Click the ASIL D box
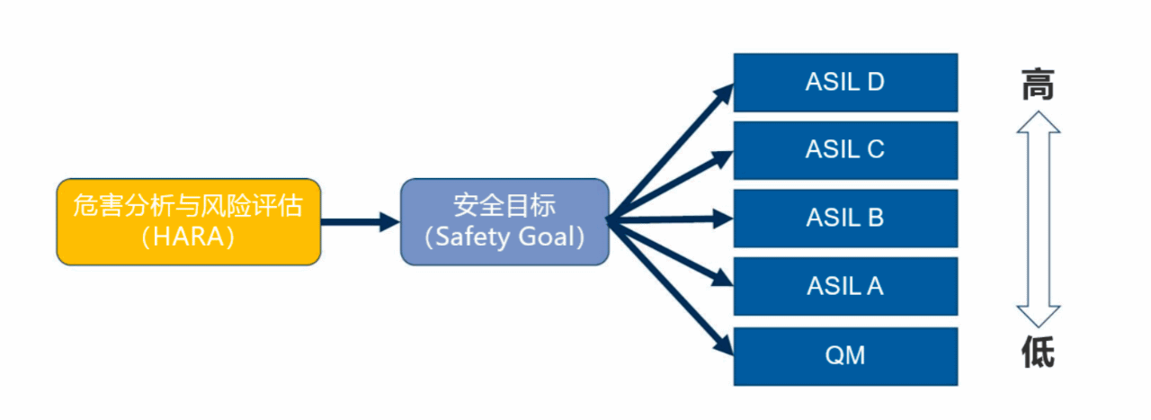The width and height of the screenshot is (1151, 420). [x=845, y=82]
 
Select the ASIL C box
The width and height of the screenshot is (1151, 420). [x=845, y=150]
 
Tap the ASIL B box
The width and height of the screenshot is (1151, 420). [x=845, y=219]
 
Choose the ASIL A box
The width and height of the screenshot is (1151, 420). [x=845, y=286]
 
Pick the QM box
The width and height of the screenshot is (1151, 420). [x=845, y=355]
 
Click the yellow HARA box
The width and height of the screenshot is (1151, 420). [x=188, y=221]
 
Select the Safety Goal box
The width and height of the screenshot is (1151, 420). [x=504, y=221]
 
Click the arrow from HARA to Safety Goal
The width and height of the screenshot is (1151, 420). [x=360, y=221]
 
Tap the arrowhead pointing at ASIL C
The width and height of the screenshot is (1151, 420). [x=725, y=158]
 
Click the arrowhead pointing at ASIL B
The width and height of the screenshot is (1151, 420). [x=725, y=218]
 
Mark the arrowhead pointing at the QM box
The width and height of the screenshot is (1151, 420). [x=725, y=345]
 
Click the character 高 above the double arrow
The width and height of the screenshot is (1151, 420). [x=1038, y=85]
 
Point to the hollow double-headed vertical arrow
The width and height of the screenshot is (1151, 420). [x=1038, y=219]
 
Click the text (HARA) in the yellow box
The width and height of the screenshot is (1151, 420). [x=188, y=237]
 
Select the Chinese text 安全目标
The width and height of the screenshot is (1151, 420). [x=504, y=205]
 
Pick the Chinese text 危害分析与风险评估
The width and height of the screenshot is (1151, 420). [x=188, y=205]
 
